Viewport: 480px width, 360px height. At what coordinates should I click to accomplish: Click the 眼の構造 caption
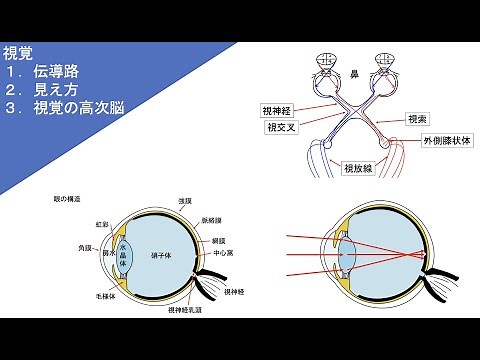(x=66, y=199)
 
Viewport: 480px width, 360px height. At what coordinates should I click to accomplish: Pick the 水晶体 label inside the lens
(x=124, y=256)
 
